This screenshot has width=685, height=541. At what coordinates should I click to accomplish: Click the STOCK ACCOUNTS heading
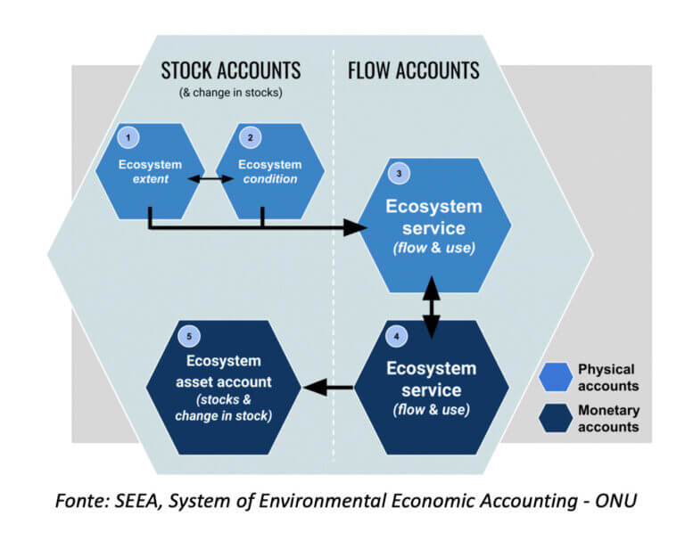pos(230,70)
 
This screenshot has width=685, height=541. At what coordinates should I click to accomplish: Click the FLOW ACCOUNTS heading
pos(413,70)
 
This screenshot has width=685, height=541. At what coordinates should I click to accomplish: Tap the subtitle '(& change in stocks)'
pos(230,93)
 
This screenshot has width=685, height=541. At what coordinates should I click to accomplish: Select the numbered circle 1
pos(130,138)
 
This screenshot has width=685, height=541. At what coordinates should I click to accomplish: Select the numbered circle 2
pos(250,138)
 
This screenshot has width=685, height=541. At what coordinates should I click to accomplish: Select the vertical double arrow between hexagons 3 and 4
pos(433,306)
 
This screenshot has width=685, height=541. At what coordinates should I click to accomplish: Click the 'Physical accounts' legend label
pos(608,377)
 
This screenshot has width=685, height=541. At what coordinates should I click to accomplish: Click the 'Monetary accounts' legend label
pos(608,419)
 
